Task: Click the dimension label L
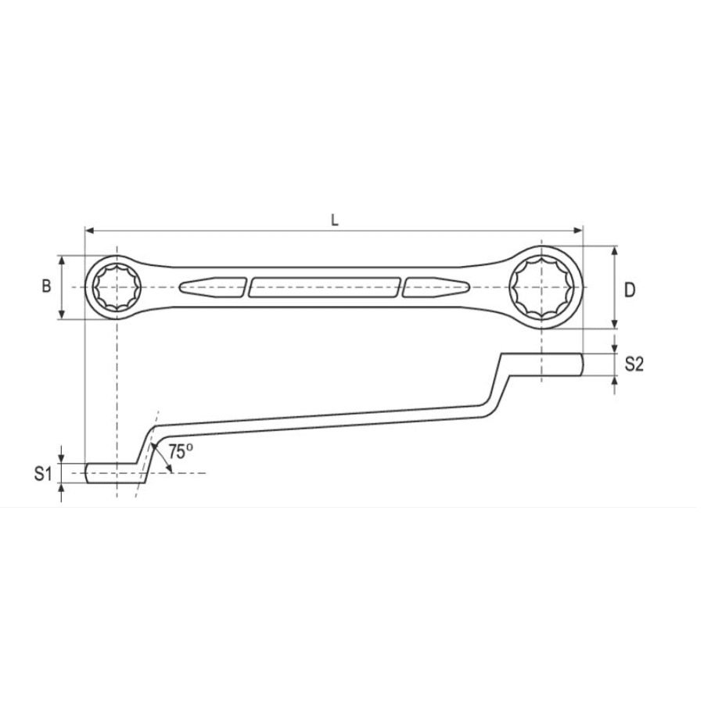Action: tap(335, 221)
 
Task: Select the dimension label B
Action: tap(46, 286)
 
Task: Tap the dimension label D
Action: tap(630, 290)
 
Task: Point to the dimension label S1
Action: tap(43, 472)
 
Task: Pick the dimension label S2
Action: tap(634, 364)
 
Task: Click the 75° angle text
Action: tap(180, 451)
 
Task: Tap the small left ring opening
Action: tap(116, 287)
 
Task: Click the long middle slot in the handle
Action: tap(325, 287)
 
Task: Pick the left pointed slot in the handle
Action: tap(212, 287)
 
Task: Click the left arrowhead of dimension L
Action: tap(88, 231)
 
